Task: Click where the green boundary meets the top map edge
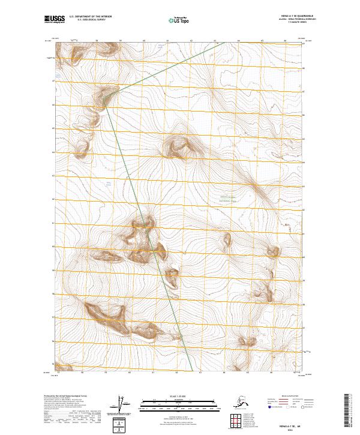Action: (224, 42)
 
